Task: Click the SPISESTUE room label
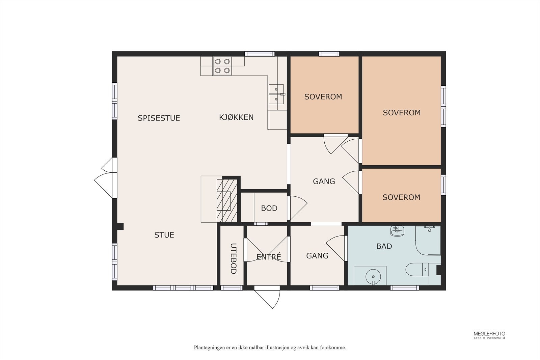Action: [x=159, y=118]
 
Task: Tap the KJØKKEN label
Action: [x=236, y=117]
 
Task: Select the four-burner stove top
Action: [x=222, y=66]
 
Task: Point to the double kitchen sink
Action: [x=276, y=94]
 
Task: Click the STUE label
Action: [x=164, y=235]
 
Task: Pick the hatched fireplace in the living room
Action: [x=227, y=200]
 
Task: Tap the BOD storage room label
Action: [x=269, y=208]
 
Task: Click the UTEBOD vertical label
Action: [x=233, y=258]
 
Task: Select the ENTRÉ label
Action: [x=269, y=257]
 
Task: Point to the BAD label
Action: [x=384, y=246]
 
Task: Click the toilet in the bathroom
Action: [x=417, y=269]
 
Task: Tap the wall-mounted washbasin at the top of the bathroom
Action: [x=397, y=231]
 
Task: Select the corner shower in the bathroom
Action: [x=428, y=240]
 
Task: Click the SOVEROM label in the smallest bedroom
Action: [x=401, y=197]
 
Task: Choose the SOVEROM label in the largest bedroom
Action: [x=402, y=113]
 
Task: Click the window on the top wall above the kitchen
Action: [x=260, y=54]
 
